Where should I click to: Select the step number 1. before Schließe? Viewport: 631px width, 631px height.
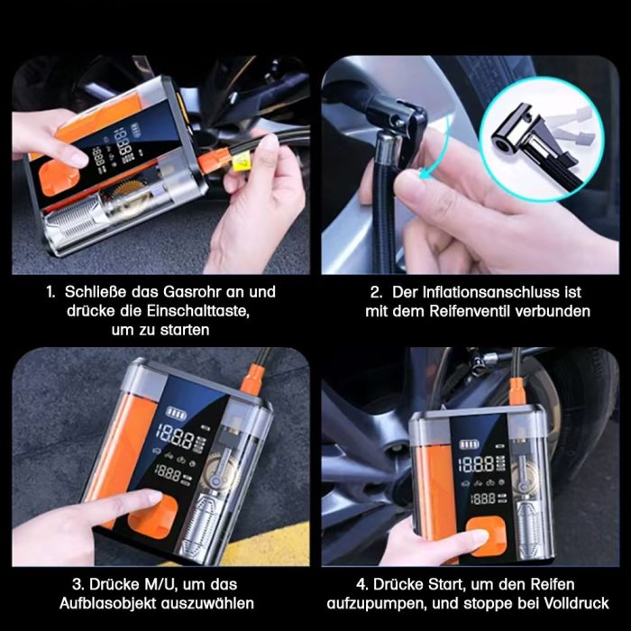click(x=52, y=292)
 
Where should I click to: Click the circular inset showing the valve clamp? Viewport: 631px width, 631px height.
click(x=536, y=140)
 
